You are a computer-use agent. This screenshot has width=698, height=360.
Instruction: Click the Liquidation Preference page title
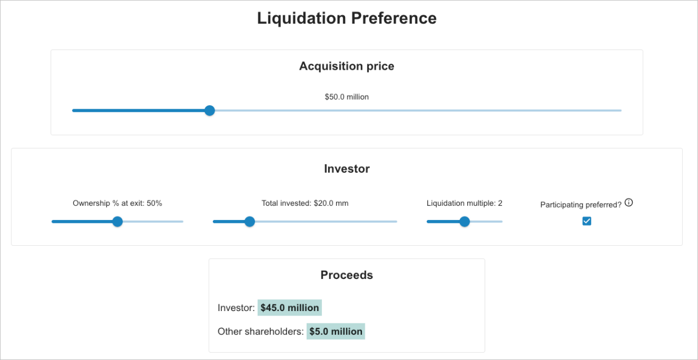(x=347, y=18)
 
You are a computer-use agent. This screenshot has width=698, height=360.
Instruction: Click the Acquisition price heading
(x=347, y=66)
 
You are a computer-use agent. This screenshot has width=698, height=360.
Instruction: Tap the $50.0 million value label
(x=347, y=97)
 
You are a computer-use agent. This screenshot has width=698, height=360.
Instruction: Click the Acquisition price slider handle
(x=209, y=111)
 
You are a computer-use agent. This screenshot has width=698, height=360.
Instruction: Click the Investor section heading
(x=347, y=169)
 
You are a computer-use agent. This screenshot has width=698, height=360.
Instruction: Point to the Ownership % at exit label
(x=117, y=203)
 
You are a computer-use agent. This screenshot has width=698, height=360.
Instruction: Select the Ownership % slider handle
(x=117, y=222)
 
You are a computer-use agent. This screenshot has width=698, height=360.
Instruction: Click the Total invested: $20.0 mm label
(x=305, y=203)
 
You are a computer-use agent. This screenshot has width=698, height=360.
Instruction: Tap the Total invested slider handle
(x=249, y=222)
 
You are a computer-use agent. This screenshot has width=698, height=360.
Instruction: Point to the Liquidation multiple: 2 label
(x=464, y=203)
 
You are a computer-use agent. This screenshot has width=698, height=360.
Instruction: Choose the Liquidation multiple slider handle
(x=464, y=222)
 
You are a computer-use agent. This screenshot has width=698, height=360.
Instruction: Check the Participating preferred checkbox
(x=587, y=222)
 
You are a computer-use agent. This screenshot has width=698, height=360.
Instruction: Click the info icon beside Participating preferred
(x=629, y=202)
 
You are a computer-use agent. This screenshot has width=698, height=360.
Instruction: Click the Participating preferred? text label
(x=580, y=205)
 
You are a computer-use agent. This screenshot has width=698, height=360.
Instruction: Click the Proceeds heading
(x=347, y=275)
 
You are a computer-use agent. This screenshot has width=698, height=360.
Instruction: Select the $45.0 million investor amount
(x=290, y=308)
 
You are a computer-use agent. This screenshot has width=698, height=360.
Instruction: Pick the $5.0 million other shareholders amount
(x=335, y=331)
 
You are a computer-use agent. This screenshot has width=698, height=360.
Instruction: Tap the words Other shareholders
(x=260, y=331)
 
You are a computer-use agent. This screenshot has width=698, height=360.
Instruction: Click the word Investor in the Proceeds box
(x=235, y=308)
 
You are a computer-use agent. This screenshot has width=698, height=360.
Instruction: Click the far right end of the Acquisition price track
(x=620, y=111)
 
